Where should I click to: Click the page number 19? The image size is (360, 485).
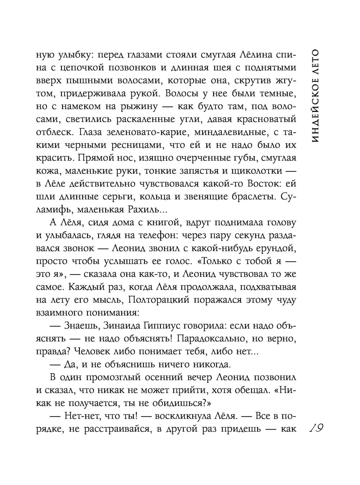pyautogui.click(x=316, y=429)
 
